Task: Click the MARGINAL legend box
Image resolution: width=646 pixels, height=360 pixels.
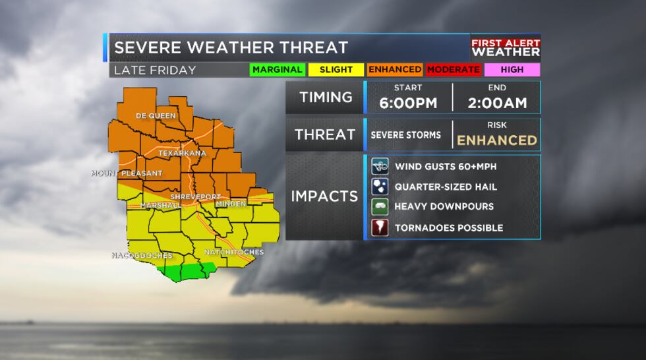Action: point(277,69)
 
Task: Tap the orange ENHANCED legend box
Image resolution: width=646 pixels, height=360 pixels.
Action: point(395,69)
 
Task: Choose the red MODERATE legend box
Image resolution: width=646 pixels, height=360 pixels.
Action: point(454,69)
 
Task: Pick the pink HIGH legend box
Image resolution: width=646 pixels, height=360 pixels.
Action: point(512,69)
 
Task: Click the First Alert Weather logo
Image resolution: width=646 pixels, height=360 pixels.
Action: point(506,47)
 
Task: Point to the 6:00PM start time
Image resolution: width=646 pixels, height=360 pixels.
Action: point(408,103)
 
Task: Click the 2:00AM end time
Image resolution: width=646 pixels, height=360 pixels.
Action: point(497,103)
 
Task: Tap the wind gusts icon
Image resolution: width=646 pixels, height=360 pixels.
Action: point(380,166)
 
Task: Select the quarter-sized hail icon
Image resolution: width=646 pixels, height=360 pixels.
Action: point(380,187)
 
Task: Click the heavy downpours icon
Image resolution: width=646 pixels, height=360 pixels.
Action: point(380,207)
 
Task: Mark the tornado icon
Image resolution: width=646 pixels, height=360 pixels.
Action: point(380,227)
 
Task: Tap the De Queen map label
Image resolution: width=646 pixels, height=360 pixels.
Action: point(156,116)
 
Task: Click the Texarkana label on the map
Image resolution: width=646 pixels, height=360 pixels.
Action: point(182,153)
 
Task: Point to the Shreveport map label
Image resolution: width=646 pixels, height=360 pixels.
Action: point(195,196)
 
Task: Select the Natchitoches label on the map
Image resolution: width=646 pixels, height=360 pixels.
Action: point(233,252)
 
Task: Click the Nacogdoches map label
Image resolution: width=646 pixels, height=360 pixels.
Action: point(142,256)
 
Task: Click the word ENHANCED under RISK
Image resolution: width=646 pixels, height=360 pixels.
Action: point(497,140)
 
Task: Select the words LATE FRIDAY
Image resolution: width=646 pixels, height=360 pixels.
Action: point(155,70)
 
